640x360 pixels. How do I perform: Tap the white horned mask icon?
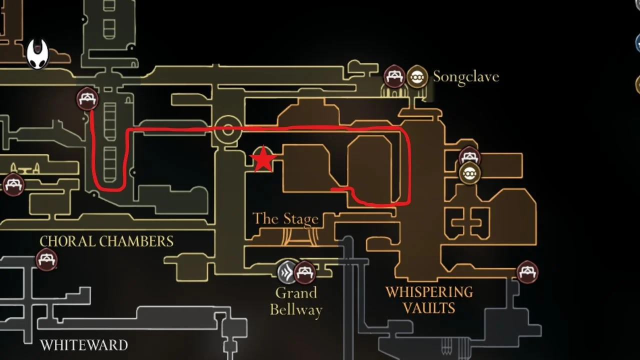click(x=38, y=54)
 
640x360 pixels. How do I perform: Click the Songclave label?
click(x=465, y=77)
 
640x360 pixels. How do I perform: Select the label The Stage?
click(x=285, y=219)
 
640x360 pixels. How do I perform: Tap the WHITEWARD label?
click(x=83, y=345)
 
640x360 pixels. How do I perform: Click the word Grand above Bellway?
click(x=296, y=292)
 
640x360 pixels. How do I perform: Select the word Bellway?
click(x=296, y=309)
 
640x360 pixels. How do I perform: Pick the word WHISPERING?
click(x=429, y=292)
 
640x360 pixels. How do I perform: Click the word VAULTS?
click(x=429, y=308)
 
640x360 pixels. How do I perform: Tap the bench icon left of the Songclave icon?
click(x=394, y=77)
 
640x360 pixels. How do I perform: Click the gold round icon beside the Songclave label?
click(x=417, y=77)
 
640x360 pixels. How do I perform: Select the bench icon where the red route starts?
click(x=87, y=98)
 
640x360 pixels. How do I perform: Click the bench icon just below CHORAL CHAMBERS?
click(x=46, y=260)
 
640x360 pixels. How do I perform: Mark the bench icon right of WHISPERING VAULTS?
click(x=527, y=272)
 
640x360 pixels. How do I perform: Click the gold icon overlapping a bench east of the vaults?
click(x=469, y=173)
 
